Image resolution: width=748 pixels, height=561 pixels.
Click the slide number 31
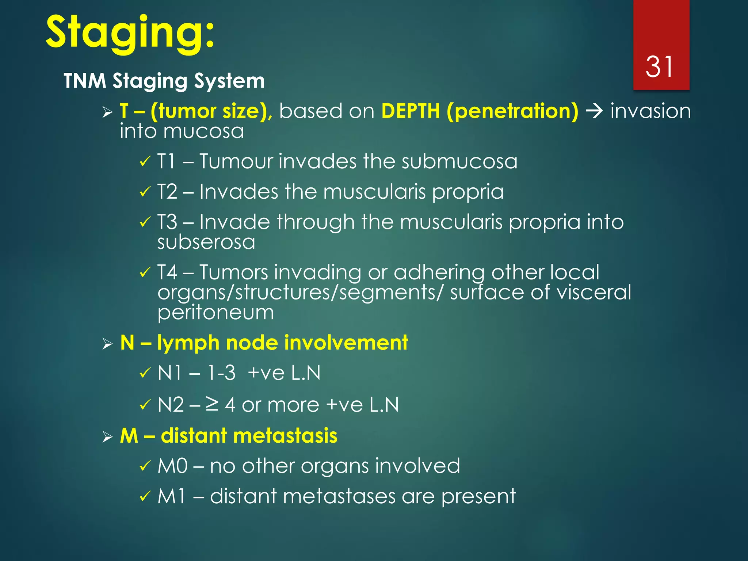[x=659, y=67]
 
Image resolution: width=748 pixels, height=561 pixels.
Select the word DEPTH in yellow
[x=411, y=111]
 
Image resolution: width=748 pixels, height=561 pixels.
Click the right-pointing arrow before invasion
[x=594, y=111]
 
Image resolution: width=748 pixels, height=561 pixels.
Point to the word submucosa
[x=459, y=161]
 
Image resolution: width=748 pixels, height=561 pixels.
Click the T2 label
[x=167, y=192]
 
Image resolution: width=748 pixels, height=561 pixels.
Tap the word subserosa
[x=206, y=242]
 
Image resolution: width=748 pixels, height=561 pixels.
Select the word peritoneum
[x=215, y=313]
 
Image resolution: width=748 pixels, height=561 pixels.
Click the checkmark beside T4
[x=145, y=272]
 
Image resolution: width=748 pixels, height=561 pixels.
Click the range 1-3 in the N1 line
[x=221, y=373]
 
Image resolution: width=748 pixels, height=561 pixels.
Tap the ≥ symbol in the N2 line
[x=212, y=404]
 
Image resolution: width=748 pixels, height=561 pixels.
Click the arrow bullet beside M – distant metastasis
[x=107, y=436]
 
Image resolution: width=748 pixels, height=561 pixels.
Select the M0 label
[x=172, y=466]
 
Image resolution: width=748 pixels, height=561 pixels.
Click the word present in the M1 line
[x=478, y=497]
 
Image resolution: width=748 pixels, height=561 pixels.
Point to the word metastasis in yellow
[x=285, y=436]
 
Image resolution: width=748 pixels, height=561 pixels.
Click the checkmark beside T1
[x=145, y=161]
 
